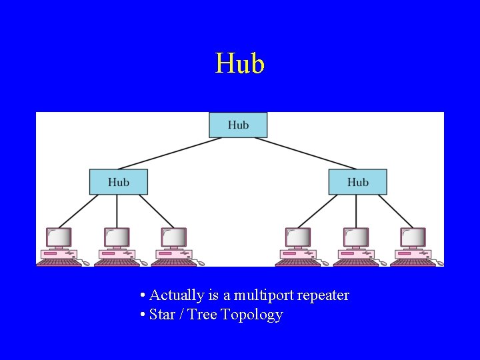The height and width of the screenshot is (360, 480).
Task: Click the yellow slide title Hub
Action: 240,64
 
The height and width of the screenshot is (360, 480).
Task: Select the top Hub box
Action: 238,125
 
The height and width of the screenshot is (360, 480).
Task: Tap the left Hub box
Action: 119,182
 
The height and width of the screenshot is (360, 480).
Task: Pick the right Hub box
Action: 357,182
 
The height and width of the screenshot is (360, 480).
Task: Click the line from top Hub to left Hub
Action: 164,153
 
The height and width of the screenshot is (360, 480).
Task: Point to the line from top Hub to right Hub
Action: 312,153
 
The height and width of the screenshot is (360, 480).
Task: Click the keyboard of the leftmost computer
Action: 59,263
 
